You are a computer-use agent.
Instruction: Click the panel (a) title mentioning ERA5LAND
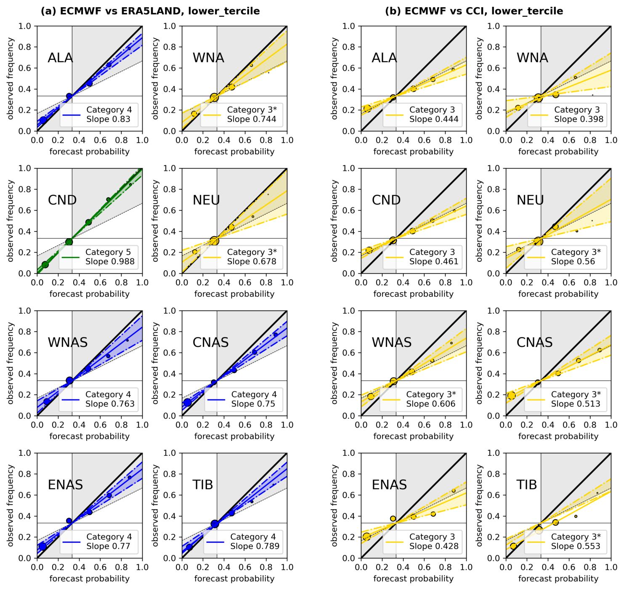click(150, 11)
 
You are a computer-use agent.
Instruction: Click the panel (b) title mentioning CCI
click(474, 11)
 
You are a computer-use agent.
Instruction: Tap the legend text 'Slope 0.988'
click(110, 261)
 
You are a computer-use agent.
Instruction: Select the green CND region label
click(62, 200)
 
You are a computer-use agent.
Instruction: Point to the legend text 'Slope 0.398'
click(579, 119)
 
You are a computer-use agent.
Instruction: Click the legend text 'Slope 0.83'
click(108, 119)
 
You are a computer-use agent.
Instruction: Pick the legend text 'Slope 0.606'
click(431, 404)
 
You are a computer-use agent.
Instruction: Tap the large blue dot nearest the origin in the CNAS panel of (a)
click(187, 402)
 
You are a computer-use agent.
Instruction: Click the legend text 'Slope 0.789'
click(255, 546)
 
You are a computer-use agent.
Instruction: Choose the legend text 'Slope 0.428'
click(434, 546)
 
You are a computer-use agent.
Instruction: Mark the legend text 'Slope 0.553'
click(576, 546)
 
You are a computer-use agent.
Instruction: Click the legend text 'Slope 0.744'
click(252, 119)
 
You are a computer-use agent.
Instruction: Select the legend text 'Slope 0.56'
click(573, 261)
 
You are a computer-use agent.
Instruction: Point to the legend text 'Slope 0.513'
click(576, 404)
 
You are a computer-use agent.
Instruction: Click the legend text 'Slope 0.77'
click(108, 546)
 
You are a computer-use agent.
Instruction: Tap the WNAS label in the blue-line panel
click(68, 342)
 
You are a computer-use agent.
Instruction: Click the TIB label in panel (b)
click(527, 484)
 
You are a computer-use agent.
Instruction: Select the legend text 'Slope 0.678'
click(252, 261)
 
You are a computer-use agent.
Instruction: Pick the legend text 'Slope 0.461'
click(434, 261)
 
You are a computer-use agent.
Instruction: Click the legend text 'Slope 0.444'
click(434, 119)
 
